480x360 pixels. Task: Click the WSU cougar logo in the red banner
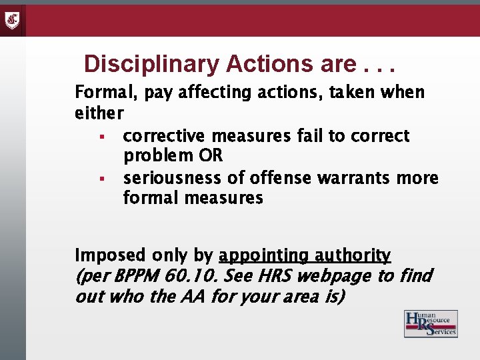tap(13, 19)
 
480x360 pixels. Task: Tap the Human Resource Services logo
tap(431, 324)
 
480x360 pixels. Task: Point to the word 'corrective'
tap(165, 136)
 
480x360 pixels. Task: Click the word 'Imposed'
tap(110, 255)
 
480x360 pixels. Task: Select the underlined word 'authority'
tap(353, 255)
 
